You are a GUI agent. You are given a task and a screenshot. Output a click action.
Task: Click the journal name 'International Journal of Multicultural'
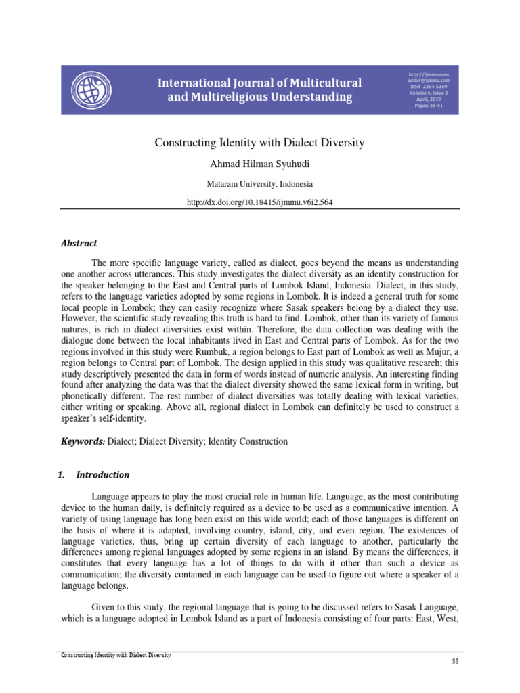pyautogui.click(x=259, y=83)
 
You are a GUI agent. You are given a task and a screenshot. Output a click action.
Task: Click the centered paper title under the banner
pyautogui.click(x=259, y=143)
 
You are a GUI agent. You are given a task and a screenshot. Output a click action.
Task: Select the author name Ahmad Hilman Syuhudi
pyautogui.click(x=259, y=164)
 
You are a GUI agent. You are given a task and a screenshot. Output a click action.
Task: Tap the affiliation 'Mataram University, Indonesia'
pyautogui.click(x=259, y=183)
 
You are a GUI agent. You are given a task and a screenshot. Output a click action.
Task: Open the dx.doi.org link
pyautogui.click(x=259, y=202)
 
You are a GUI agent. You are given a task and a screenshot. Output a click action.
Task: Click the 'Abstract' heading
pyautogui.click(x=79, y=243)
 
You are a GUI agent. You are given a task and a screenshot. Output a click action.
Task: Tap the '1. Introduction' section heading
pyautogui.click(x=95, y=474)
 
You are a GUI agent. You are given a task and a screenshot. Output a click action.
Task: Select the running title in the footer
pyautogui.click(x=116, y=655)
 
